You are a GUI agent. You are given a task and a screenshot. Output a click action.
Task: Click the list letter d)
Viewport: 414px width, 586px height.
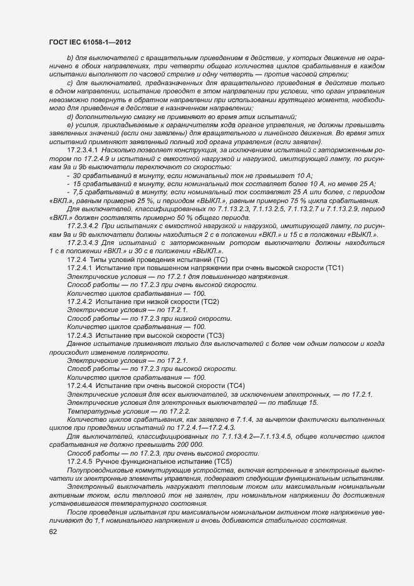[70, 117]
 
